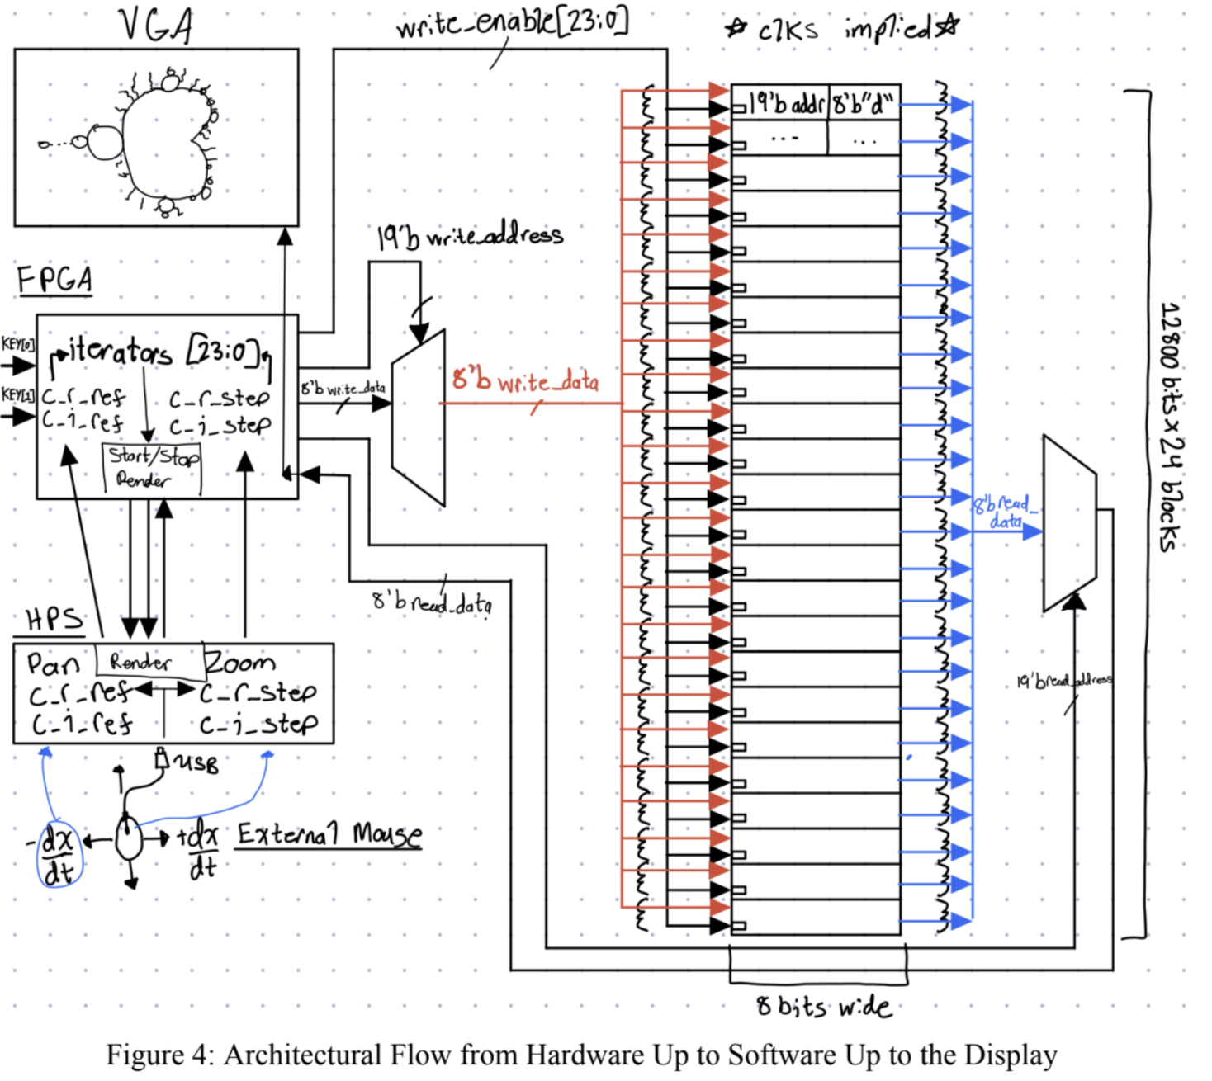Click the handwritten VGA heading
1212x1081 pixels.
click(156, 25)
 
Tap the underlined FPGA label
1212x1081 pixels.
click(54, 280)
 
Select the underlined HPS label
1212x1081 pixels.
click(54, 620)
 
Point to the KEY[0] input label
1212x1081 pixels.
click(17, 343)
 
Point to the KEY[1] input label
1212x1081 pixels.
click(17, 394)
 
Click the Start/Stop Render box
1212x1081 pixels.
click(153, 468)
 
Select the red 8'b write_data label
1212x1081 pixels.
click(525, 380)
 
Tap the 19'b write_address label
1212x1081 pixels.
click(470, 237)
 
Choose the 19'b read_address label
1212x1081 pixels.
click(1064, 681)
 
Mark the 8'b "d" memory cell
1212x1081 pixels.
click(863, 104)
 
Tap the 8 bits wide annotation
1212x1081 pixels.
click(823, 1007)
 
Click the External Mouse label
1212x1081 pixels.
click(329, 834)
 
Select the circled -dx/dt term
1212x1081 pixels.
click(58, 855)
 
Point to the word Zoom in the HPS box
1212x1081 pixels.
click(239, 662)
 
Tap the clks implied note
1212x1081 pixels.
click(842, 30)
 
